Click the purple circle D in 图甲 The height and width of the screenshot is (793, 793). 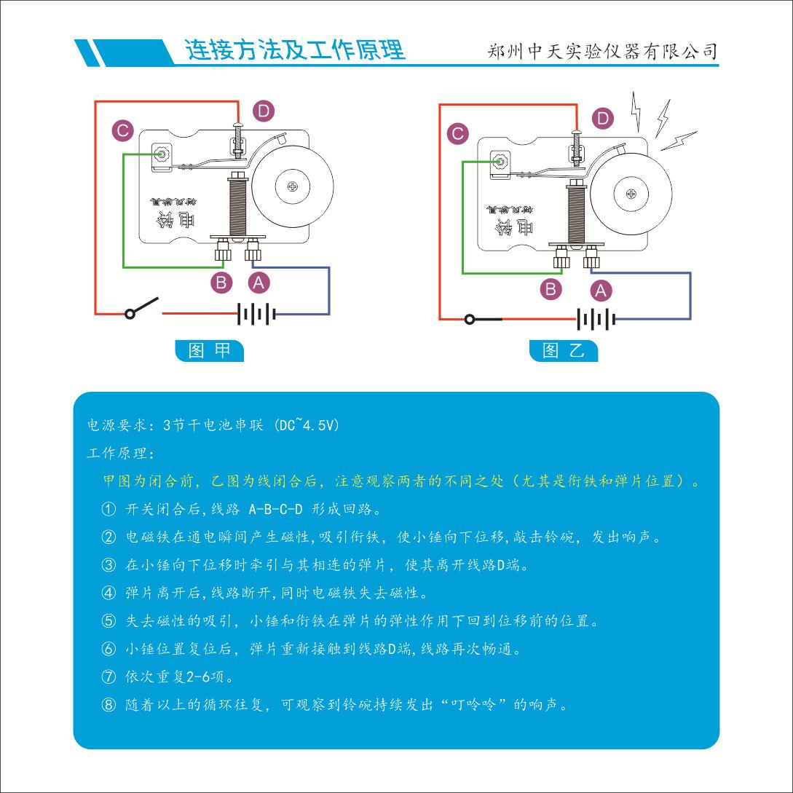(263, 111)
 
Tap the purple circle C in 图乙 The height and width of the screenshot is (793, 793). (458, 133)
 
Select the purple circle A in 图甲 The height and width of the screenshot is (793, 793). (259, 281)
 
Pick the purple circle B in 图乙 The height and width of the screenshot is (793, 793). (551, 288)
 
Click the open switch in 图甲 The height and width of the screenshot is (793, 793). (143, 308)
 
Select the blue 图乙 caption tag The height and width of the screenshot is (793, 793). (564, 350)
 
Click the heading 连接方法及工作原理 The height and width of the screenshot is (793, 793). (295, 51)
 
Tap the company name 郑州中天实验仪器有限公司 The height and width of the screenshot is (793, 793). (602, 52)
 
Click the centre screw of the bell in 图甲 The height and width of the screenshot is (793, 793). (293, 186)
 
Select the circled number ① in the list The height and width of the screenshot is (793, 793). (109, 508)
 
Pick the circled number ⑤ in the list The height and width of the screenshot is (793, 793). (109, 621)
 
